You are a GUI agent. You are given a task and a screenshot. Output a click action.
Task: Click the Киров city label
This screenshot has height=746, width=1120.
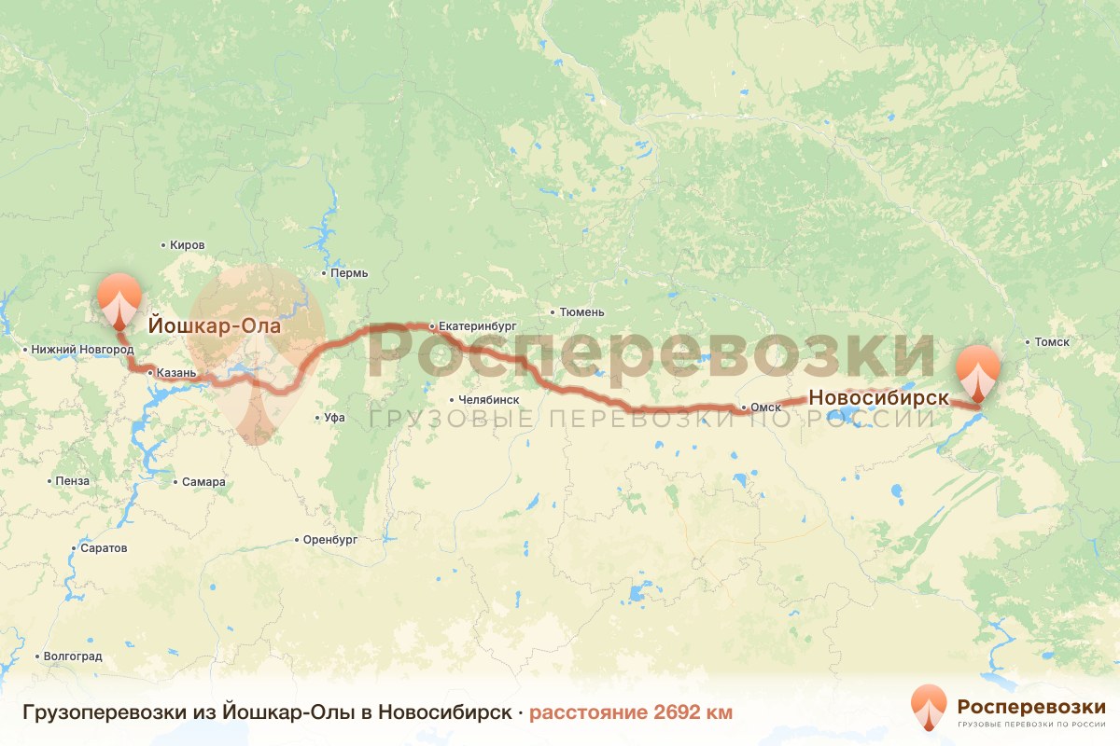[x=187, y=245]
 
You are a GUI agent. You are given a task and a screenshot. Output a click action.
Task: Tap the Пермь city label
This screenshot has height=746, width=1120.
[x=349, y=273]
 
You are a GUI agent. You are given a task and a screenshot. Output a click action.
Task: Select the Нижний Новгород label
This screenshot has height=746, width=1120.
[x=82, y=350]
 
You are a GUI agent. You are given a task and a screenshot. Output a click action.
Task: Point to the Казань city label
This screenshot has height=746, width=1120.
[x=175, y=373]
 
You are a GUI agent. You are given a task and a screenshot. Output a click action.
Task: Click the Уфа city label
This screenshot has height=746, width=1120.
[x=334, y=418]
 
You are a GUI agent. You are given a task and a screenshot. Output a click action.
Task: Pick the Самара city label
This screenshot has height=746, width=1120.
[x=203, y=482]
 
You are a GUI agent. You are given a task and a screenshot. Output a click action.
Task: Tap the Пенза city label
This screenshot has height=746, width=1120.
[x=72, y=481]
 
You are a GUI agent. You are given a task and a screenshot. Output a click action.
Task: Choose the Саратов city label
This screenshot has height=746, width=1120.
[x=103, y=547]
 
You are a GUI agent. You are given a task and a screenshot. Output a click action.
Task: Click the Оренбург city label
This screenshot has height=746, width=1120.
[x=330, y=539]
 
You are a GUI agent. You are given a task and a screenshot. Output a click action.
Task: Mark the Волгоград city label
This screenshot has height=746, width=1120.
[x=72, y=656]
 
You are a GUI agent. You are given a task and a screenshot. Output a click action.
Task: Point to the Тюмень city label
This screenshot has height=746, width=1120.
[x=581, y=311]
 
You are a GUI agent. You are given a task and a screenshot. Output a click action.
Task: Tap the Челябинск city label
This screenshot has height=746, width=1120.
[x=483, y=400]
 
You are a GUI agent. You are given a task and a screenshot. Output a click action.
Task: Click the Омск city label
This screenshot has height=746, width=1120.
[x=765, y=408]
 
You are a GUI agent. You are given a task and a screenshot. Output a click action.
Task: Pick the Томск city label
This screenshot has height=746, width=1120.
[x=1051, y=342]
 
